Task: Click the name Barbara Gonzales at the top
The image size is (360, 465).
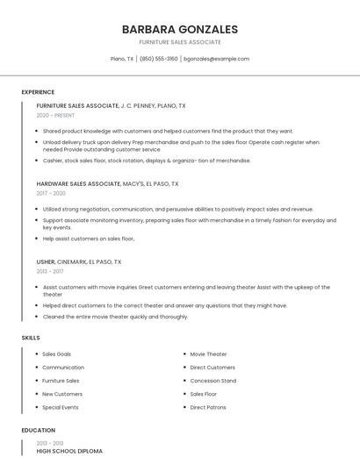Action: tap(180, 29)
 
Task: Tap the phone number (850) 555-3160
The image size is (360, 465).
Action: tap(158, 59)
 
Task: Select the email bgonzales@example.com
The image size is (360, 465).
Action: tap(216, 59)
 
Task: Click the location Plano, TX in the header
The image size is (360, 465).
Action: tap(122, 59)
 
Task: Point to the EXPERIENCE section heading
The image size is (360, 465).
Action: tap(38, 92)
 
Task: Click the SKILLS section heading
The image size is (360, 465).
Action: tap(31, 338)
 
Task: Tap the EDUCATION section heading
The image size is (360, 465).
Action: tap(38, 431)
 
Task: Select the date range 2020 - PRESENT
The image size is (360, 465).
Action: tap(55, 115)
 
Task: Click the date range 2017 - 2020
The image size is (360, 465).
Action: tap(51, 193)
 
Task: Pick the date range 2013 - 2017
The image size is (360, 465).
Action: tap(50, 271)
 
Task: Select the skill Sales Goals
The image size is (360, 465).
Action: tap(57, 354)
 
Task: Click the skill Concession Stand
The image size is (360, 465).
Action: tap(213, 381)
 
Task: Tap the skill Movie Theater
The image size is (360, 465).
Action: tap(209, 354)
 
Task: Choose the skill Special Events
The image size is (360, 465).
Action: tap(61, 407)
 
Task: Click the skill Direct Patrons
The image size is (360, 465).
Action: tap(208, 407)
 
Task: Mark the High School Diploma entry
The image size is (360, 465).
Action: tap(69, 451)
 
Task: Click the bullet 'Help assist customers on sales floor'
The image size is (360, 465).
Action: tap(89, 239)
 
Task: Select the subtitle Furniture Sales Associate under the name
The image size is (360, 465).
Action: tap(180, 42)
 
